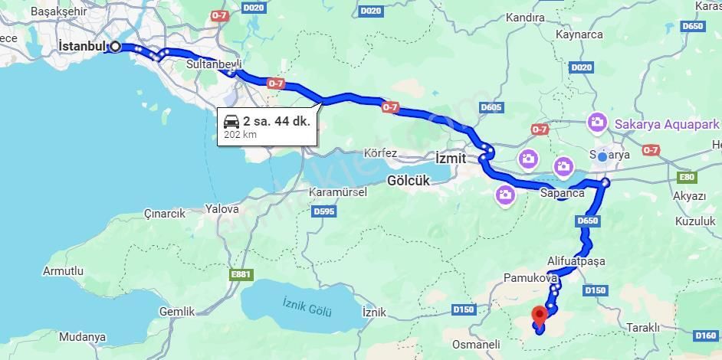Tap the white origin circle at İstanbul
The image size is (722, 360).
coord(115,46)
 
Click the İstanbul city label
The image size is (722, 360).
coord(82,46)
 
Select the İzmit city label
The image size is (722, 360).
coord(450,158)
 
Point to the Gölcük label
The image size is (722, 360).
coord(408,181)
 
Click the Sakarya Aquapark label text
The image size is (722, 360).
coord(666,123)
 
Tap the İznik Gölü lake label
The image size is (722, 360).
coord(307,307)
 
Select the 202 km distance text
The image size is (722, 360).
coord(240,135)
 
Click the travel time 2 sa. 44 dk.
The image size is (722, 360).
coord(276,121)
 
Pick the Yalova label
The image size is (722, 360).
coord(222,208)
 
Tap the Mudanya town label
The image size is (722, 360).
coord(82,337)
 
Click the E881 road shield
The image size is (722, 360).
coord(241,275)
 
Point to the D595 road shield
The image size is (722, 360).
coord(324,211)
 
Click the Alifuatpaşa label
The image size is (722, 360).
coord(576,260)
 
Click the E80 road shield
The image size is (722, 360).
coord(687,178)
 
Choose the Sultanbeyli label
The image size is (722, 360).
coord(214,64)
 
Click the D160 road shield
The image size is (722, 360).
coord(705,335)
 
